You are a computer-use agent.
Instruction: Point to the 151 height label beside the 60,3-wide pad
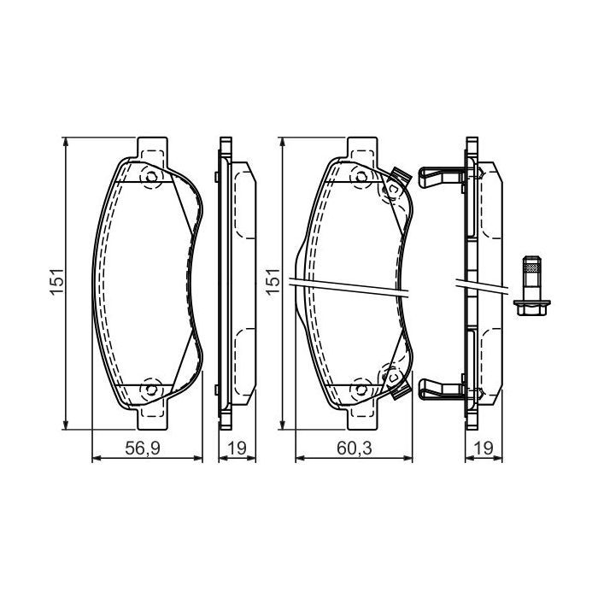tap(273, 282)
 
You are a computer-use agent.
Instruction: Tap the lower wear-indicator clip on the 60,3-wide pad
tap(397, 385)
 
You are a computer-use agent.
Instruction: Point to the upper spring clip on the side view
tap(440, 176)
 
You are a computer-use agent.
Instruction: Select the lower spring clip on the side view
tap(440, 390)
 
